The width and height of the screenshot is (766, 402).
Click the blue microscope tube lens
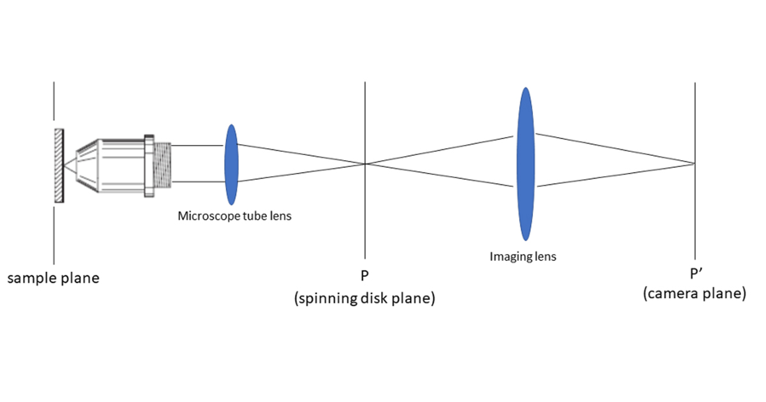(231, 165)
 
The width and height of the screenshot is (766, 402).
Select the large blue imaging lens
(525, 164)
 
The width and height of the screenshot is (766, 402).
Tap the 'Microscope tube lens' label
(234, 216)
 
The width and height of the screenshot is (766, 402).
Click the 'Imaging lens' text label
(523, 257)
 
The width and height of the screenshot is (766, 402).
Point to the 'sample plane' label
(54, 278)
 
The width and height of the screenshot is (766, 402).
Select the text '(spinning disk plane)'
(364, 297)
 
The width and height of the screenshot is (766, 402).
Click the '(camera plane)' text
(695, 294)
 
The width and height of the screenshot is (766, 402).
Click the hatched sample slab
(59, 165)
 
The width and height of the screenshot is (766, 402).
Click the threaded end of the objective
(163, 165)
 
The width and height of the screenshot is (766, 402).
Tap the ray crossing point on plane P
(364, 164)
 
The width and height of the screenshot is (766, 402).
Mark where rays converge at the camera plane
(694, 163)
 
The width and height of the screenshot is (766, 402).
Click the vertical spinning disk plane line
(364, 217)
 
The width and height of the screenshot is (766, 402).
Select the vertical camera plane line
(695, 217)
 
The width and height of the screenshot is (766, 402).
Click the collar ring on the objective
(149, 165)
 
